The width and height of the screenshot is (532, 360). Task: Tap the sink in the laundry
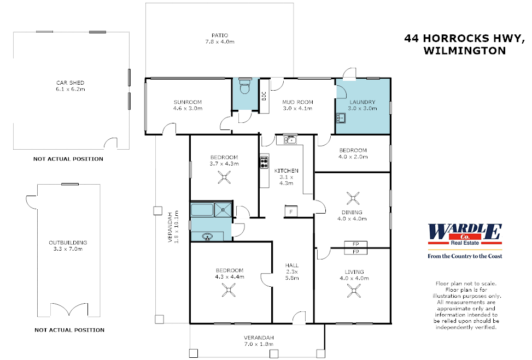(x=341, y=116)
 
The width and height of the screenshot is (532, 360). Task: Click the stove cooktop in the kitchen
(x=265, y=161)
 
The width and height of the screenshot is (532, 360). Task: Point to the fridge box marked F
(x=290, y=211)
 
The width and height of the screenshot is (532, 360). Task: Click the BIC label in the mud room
(x=264, y=97)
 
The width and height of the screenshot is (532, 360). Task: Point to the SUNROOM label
(x=188, y=102)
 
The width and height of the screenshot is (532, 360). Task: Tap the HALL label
(x=292, y=265)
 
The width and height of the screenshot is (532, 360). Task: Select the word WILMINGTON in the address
(x=464, y=51)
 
